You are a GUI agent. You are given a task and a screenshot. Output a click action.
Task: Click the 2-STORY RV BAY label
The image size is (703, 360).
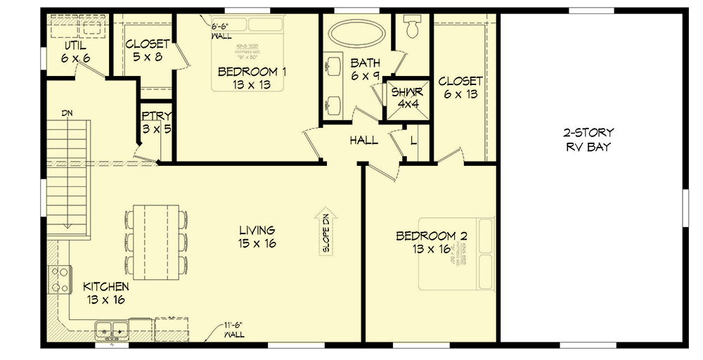[588, 140]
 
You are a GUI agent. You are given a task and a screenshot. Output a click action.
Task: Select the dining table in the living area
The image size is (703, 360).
[157, 240]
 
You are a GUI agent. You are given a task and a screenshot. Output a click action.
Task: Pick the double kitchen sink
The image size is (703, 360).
[112, 328]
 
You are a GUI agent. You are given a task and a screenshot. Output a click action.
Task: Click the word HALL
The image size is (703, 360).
[363, 141]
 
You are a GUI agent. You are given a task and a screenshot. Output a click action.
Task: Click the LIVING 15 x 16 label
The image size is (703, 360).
[256, 236]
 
